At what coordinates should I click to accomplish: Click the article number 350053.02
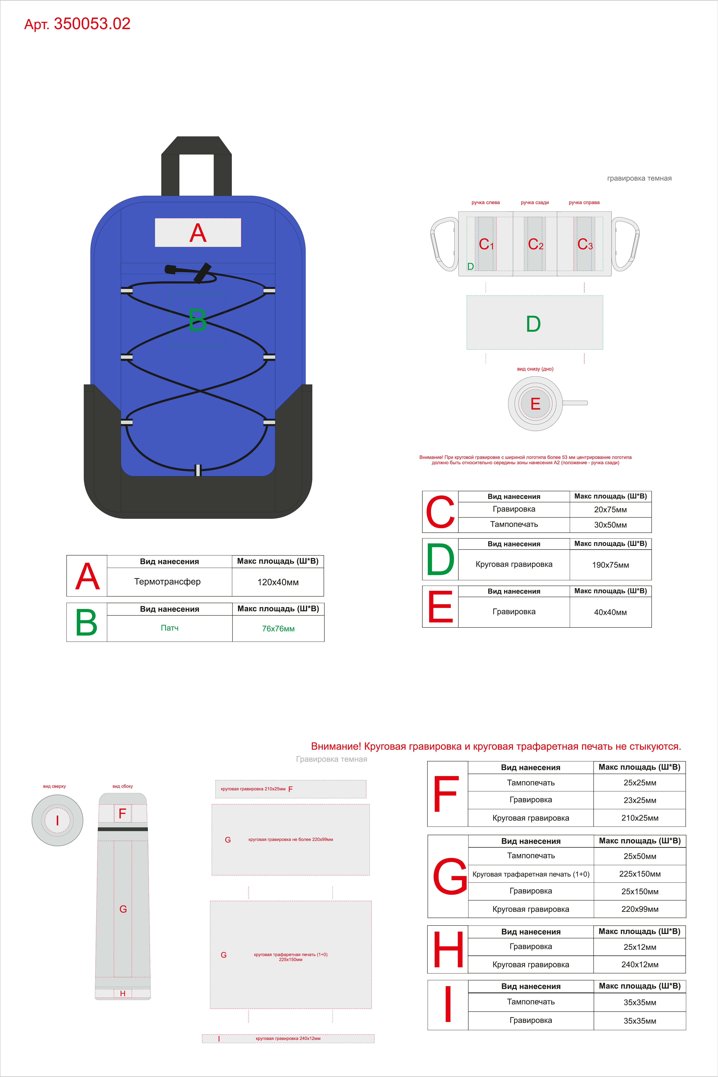pos(92,24)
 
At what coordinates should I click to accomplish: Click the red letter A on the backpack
pos(198,233)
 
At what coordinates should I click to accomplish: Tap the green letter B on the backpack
pos(197,320)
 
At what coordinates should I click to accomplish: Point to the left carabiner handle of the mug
pos(443,244)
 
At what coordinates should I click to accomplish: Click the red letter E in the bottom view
pos(535,404)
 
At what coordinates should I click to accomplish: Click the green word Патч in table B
pos(169,628)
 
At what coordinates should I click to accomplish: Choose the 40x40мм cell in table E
pos(610,612)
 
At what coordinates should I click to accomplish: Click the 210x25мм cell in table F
pos(640,818)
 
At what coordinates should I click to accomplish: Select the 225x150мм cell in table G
pos(640,874)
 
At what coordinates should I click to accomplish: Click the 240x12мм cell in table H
pos(640,964)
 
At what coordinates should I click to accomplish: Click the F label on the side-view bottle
pos(122,813)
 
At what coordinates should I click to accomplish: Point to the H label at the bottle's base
pos(123,993)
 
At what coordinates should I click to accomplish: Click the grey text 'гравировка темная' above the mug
pos(639,178)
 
